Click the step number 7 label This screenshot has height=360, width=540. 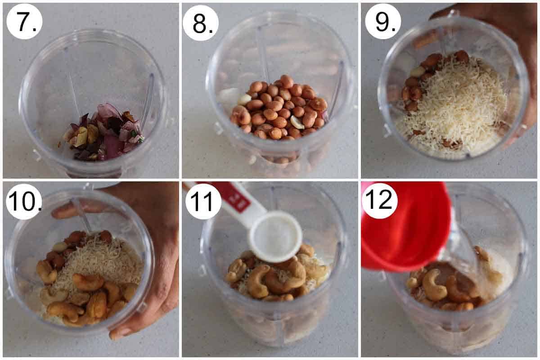point(24,21)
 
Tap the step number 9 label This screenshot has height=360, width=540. point(382,21)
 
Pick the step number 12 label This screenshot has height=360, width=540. point(379,201)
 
